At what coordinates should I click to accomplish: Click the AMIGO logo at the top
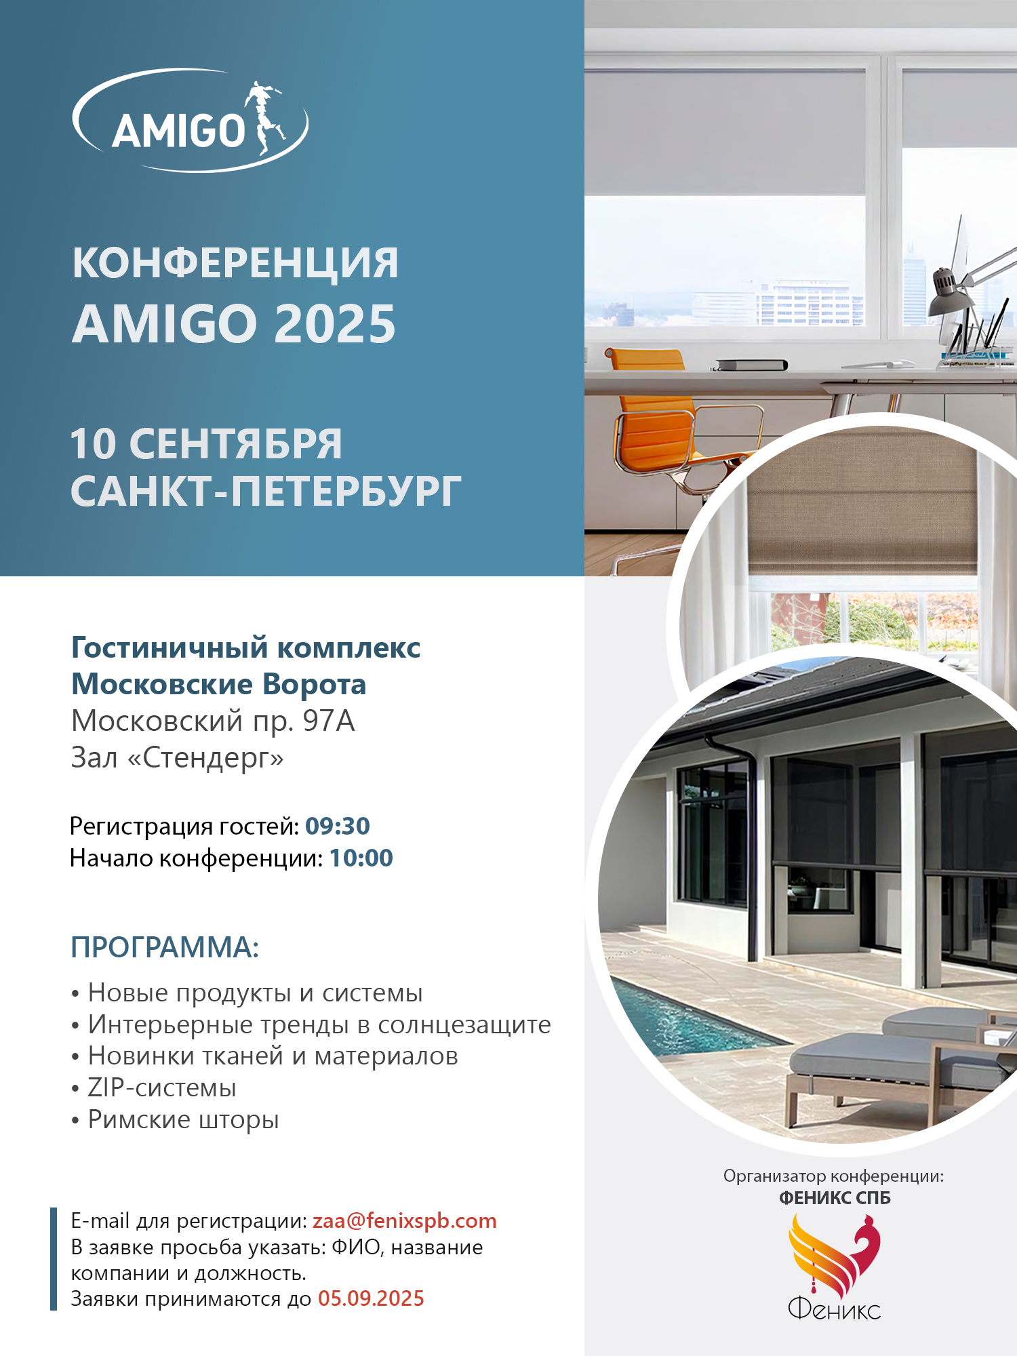pyautogui.click(x=190, y=121)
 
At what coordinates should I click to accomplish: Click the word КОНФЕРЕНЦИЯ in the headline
pyautogui.click(x=235, y=263)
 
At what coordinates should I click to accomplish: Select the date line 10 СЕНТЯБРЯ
pyautogui.click(x=206, y=444)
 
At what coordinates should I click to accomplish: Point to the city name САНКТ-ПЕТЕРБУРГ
pyautogui.click(x=266, y=492)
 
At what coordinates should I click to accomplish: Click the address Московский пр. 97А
pyautogui.click(x=213, y=721)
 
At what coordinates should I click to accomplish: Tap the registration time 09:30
pyautogui.click(x=338, y=826)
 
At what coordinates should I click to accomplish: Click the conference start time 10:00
pyautogui.click(x=361, y=858)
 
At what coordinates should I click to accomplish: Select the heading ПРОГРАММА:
pyautogui.click(x=165, y=947)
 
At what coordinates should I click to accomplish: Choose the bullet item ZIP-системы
pyautogui.click(x=162, y=1088)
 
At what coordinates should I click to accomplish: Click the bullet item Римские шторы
pyautogui.click(x=184, y=1119)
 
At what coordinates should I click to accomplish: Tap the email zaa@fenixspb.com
pyautogui.click(x=404, y=1220)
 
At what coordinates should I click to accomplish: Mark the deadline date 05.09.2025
pyautogui.click(x=371, y=1298)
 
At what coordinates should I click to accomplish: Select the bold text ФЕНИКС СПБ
pyautogui.click(x=835, y=1198)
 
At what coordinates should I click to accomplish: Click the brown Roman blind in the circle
pyautogui.click(x=861, y=502)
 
